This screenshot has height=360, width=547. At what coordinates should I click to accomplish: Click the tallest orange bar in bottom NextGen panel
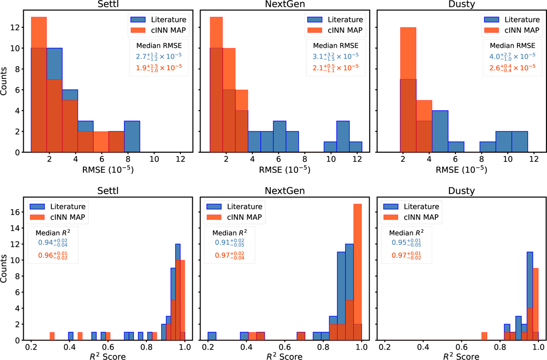358,273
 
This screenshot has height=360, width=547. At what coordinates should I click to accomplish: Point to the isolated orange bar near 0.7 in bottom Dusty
484,336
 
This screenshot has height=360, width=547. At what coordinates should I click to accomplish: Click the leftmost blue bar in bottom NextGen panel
212,336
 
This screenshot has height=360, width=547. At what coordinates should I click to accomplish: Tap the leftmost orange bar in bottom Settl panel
52,336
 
